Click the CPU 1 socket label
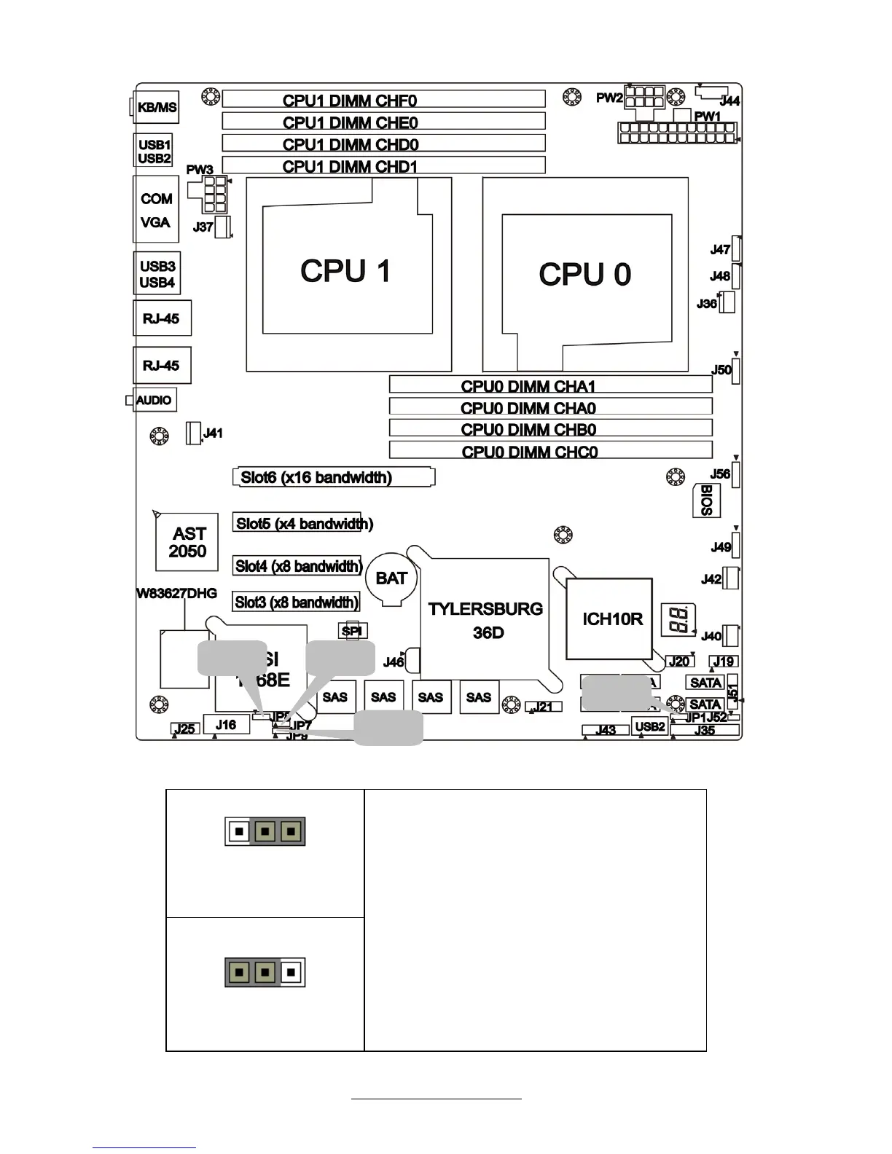coord(345,271)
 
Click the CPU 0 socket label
coord(584,275)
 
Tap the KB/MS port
coord(157,107)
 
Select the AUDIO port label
coord(154,400)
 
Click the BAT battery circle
coord(391,578)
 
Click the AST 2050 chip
coord(189,543)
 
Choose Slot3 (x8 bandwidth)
coord(297,602)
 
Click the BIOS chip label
coord(705,500)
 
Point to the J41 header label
coord(213,433)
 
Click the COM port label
coord(156,199)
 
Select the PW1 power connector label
coord(707,117)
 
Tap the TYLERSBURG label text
coord(485,609)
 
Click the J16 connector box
coord(225,724)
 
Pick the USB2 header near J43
coord(649,726)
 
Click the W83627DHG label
coord(177,593)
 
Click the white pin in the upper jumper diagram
coord(238,831)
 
